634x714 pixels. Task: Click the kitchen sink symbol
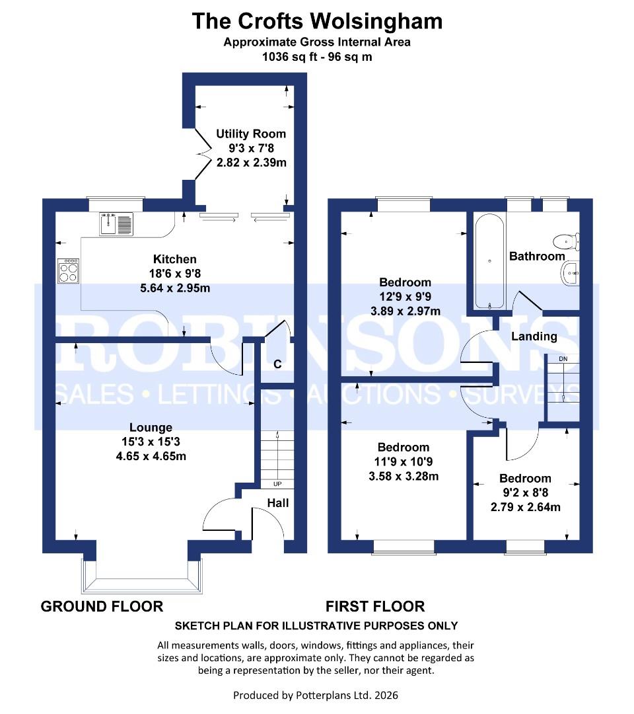click(x=116, y=224)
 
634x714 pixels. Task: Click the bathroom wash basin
click(x=570, y=272)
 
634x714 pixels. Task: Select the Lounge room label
click(x=151, y=428)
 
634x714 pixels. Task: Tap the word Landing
click(x=534, y=337)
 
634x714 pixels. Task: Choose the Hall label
click(x=277, y=503)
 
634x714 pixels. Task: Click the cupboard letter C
click(x=277, y=364)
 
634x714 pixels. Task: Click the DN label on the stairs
click(x=563, y=359)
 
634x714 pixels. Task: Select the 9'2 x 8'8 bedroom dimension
click(x=525, y=493)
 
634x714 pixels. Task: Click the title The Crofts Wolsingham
click(x=317, y=21)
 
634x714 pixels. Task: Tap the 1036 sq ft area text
click(x=317, y=57)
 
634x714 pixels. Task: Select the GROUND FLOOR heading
click(x=102, y=606)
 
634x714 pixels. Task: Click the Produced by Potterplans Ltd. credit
click(x=316, y=695)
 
